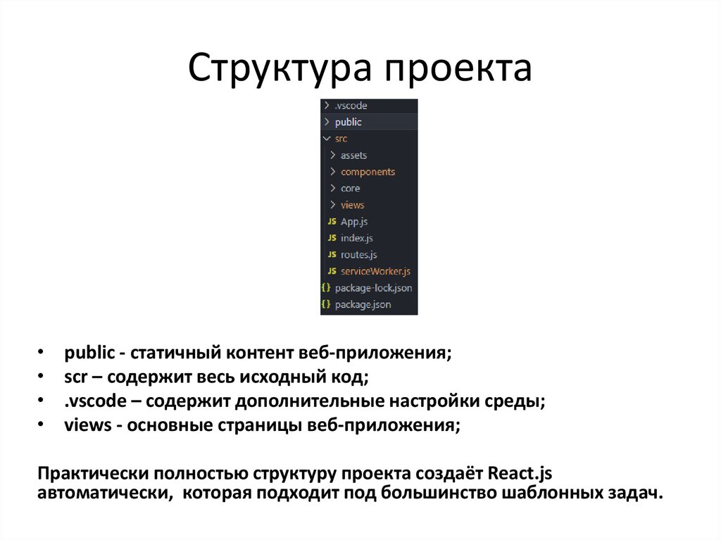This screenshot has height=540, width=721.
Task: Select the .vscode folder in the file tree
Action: pos(351,106)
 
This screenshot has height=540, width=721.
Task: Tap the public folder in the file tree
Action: pos(348,122)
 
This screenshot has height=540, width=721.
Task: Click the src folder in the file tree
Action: pos(341,139)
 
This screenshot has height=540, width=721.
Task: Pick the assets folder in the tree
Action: pos(353,155)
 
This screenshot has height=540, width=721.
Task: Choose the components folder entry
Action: pos(368,172)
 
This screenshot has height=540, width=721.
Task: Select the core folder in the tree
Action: pos(350,188)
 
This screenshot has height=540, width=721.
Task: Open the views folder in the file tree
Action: pos(352,205)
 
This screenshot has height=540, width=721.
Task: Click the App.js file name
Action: pos(354,222)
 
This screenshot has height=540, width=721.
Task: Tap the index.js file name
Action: pos(356,238)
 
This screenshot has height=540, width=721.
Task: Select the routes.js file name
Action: pos(358,255)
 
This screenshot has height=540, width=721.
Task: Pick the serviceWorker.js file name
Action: pos(375,271)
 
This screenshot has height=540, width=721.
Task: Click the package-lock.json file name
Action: pos(373,288)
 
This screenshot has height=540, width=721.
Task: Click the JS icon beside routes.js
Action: pos(332,255)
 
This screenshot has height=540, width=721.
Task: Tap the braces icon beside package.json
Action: pos(325,305)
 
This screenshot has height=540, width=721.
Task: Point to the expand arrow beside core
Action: pos(332,188)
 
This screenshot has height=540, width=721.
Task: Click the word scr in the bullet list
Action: pos(75,377)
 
